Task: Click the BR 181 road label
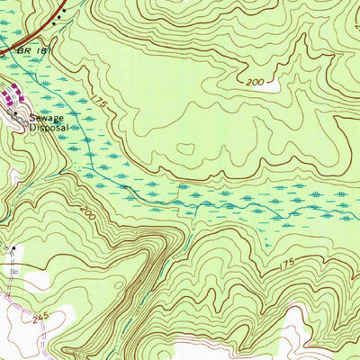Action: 30,53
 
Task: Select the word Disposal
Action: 49,128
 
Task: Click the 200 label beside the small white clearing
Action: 256,82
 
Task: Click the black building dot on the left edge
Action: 14,247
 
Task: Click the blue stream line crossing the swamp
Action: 180,202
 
